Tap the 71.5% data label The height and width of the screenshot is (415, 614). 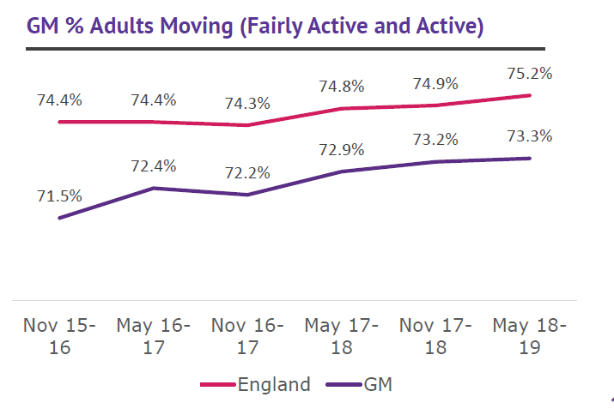pyautogui.click(x=59, y=196)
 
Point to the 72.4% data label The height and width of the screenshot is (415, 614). pyautogui.click(x=154, y=166)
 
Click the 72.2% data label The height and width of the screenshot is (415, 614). pyautogui.click(x=247, y=172)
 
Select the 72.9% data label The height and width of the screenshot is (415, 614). pyautogui.click(x=342, y=149)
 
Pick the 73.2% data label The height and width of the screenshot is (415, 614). pyautogui.click(x=435, y=139)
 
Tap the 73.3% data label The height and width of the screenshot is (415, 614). pyautogui.click(x=529, y=135)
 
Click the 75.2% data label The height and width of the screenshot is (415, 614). pyautogui.click(x=529, y=73)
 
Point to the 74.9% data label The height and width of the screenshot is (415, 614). pyautogui.click(x=435, y=83)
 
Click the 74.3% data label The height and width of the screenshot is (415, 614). pyautogui.click(x=247, y=103)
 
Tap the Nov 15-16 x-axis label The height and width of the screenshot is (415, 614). pyautogui.click(x=59, y=337)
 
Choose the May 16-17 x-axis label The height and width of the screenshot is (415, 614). pyautogui.click(x=154, y=337)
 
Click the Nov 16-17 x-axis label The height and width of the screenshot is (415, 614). pyautogui.click(x=247, y=337)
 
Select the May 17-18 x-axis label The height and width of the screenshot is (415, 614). pyautogui.click(x=342, y=337)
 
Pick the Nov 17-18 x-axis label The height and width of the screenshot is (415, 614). pyautogui.click(x=435, y=337)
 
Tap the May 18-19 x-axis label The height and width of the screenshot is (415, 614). pyautogui.click(x=529, y=337)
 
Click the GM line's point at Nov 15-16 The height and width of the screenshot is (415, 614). pyautogui.click(x=59, y=218)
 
